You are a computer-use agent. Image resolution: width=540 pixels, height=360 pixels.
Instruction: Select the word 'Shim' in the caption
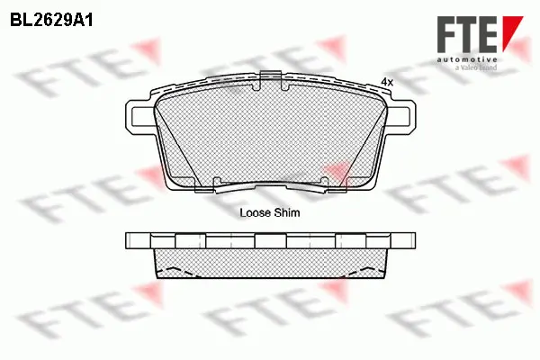point(287,214)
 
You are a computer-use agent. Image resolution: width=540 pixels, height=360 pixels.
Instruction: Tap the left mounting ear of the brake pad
point(139,116)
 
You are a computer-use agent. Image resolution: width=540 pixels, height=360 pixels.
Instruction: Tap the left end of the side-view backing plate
point(131,240)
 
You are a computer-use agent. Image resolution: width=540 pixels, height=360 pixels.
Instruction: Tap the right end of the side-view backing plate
point(410,240)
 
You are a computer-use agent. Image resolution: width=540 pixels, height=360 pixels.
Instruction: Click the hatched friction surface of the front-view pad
point(270,135)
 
